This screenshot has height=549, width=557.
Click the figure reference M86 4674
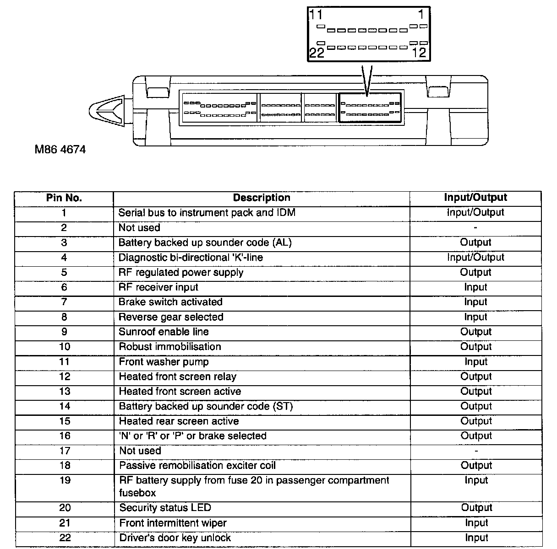pyautogui.click(x=60, y=150)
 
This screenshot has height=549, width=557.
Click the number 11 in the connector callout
pyautogui.click(x=316, y=15)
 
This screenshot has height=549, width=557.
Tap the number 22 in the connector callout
pyautogui.click(x=317, y=53)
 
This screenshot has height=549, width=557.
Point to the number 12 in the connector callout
pyautogui.click(x=419, y=53)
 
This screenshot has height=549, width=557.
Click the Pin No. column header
pyautogui.click(x=64, y=198)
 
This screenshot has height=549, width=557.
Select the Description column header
pyautogui.click(x=262, y=198)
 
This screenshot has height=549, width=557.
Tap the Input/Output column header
pyautogui.click(x=475, y=198)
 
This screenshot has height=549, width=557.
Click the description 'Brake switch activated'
pyautogui.click(x=170, y=302)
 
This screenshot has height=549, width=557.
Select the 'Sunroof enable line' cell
pyautogui.click(x=164, y=332)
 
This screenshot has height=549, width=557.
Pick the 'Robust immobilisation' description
pyautogui.click(x=170, y=347)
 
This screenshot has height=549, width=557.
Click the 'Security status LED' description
pyautogui.click(x=165, y=508)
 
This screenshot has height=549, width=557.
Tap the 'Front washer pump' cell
pyautogui.click(x=164, y=362)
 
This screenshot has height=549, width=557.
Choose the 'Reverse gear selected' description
pyautogui.click(x=171, y=317)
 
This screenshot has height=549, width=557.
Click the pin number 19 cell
pyautogui.click(x=65, y=481)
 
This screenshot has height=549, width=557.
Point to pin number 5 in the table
pyautogui.click(x=64, y=273)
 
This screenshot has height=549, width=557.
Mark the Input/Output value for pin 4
pyautogui.click(x=475, y=258)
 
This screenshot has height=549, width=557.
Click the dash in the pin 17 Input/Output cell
pyautogui.click(x=476, y=451)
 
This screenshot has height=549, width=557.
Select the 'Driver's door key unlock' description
pyautogui.click(x=175, y=538)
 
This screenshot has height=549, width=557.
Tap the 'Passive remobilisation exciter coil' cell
pyautogui.click(x=197, y=466)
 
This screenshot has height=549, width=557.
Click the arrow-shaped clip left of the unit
pyautogui.click(x=108, y=110)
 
